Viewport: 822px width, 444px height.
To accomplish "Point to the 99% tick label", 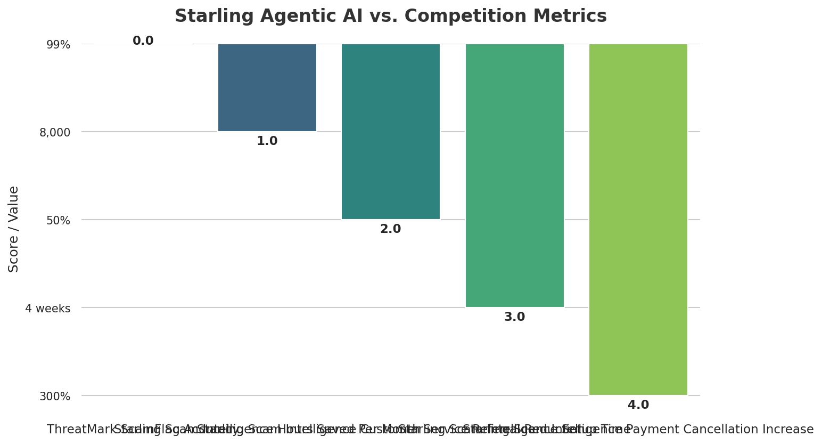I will [x=58, y=45].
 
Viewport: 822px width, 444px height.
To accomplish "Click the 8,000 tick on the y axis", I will [x=55, y=133].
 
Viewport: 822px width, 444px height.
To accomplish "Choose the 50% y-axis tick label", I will [x=58, y=221].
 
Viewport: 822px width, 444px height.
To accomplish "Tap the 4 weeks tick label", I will [x=48, y=309].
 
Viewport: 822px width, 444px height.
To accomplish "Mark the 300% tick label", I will [x=55, y=397].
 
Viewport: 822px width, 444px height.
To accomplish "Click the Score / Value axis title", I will [x=14, y=229].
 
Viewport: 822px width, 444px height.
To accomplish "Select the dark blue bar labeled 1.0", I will [x=267, y=87].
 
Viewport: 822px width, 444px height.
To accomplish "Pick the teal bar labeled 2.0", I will [x=391, y=131].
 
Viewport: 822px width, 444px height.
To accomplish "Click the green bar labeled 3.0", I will [x=515, y=175].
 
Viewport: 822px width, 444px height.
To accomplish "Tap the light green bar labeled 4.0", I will [x=638, y=219].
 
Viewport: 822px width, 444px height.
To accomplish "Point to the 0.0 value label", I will [x=143, y=41].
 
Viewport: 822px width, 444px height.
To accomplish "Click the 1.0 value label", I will [x=267, y=141].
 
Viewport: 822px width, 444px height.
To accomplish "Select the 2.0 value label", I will [x=391, y=229].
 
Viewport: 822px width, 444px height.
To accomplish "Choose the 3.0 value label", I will [x=515, y=317].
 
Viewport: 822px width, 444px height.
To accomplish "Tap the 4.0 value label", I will [x=638, y=405].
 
